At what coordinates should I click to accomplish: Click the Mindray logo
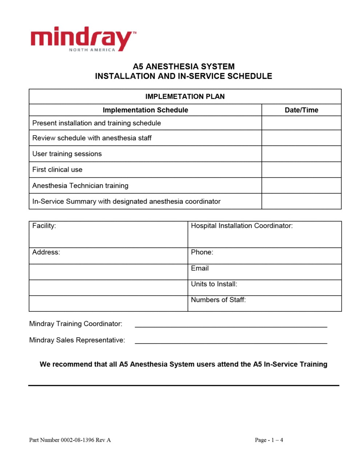(83, 38)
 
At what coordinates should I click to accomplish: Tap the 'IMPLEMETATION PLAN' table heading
(185, 97)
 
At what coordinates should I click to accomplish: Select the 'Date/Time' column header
(301, 110)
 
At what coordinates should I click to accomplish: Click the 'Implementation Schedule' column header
(145, 110)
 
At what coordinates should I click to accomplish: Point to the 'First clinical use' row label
(57, 170)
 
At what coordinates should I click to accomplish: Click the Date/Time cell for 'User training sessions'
(301, 154)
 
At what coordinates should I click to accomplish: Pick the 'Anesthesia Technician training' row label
(80, 186)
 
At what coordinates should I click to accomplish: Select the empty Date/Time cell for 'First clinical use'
(301, 170)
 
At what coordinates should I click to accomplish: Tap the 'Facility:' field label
(44, 226)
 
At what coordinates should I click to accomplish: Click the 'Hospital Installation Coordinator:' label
(241, 226)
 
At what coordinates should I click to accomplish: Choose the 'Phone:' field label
(202, 252)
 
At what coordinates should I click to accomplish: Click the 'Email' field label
(200, 268)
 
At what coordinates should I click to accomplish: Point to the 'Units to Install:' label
(214, 284)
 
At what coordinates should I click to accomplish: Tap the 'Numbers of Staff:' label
(218, 300)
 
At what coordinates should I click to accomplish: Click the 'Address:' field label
(46, 252)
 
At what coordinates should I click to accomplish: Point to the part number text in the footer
(70, 440)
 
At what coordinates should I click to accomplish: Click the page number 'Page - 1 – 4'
(269, 440)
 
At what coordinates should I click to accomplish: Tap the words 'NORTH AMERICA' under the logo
(92, 50)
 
